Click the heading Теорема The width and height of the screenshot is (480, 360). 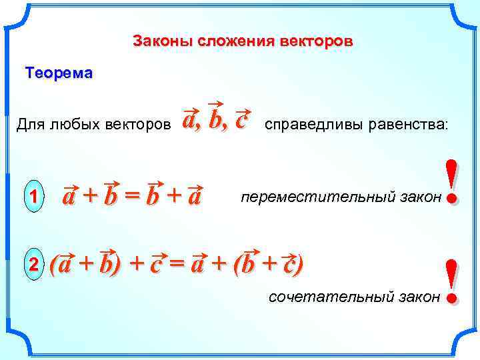[59, 73]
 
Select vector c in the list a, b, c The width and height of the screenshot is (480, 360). [242, 119]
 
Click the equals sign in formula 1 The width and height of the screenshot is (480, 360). [134, 196]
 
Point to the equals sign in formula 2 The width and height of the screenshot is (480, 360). [176, 263]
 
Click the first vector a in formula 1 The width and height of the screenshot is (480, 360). [69, 196]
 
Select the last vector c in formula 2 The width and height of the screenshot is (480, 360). [288, 263]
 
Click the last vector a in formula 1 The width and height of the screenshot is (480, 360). [194, 196]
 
